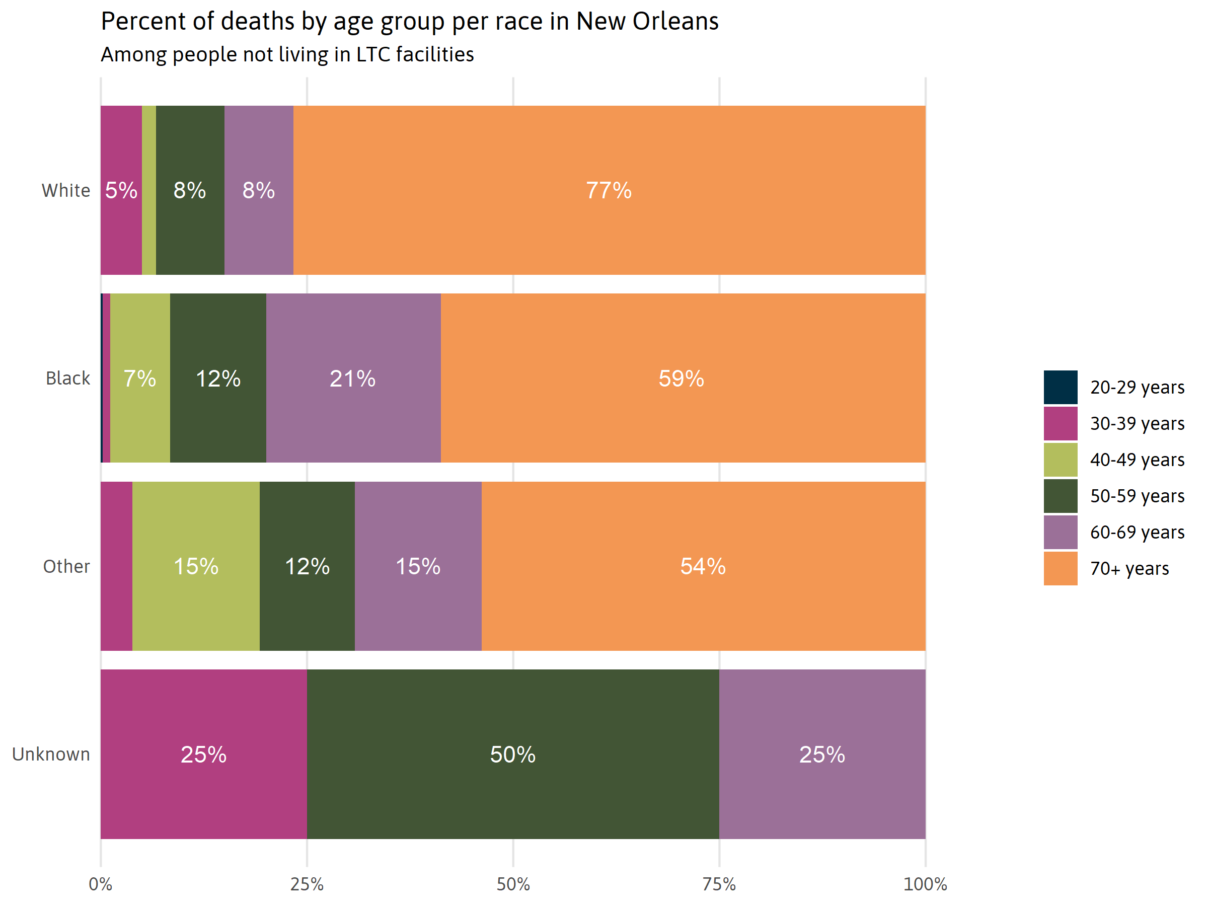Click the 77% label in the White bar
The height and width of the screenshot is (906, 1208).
609,191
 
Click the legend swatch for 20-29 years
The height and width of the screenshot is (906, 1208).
1060,387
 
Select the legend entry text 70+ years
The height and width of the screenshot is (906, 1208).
1129,568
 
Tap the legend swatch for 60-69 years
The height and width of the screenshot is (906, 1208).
1060,532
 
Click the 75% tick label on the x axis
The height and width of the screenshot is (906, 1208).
719,884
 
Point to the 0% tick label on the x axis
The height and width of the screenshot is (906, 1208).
101,884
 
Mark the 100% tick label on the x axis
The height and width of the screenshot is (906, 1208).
925,884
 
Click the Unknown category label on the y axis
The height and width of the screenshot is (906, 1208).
51,754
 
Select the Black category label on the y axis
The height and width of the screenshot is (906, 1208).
68,378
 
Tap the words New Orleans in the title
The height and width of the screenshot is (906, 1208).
647,22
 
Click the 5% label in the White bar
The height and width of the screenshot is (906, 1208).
121,191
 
